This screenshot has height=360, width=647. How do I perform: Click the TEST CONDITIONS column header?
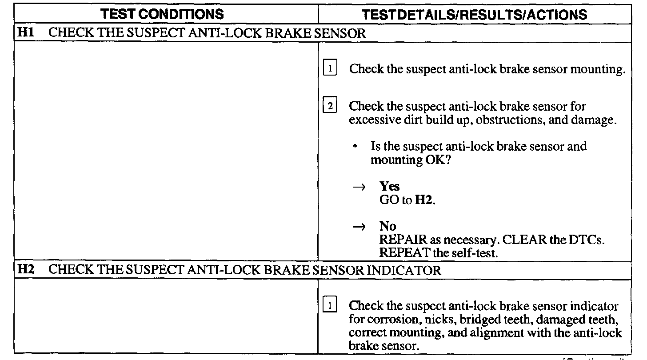(x=162, y=15)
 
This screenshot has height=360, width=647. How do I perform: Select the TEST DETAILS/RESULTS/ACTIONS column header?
(x=475, y=15)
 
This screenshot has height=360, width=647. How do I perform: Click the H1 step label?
(x=23, y=34)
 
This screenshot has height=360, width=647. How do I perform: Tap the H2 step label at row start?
(x=23, y=270)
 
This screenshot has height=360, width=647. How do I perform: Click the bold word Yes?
(x=390, y=187)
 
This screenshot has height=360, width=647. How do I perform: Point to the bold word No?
(x=388, y=226)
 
